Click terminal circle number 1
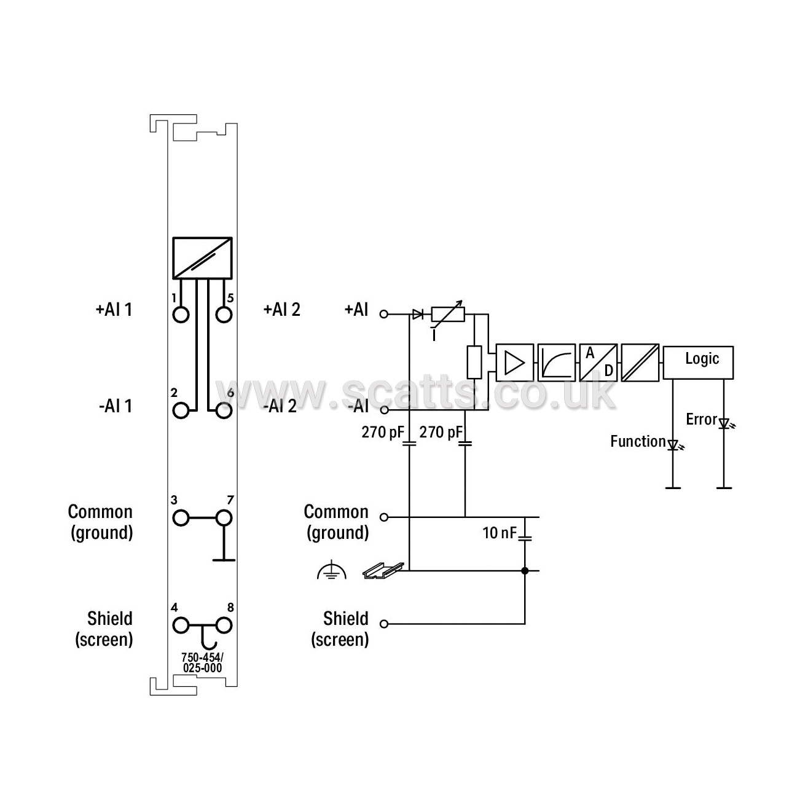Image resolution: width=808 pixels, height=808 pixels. pos(181,315)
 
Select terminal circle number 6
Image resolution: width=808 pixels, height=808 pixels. pos(224,410)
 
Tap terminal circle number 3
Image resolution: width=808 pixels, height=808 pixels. pos(181,518)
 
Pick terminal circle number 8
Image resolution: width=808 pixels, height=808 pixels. pos(224,625)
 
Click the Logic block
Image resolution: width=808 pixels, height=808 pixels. pos(698,363)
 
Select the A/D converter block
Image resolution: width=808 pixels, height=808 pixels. pos(598,363)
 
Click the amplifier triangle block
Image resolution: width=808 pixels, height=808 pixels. pos(514,363)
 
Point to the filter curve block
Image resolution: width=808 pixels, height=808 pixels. pos(557,363)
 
